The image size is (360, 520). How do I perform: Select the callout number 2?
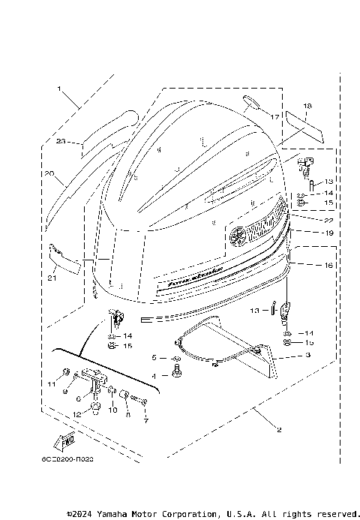point(279,430)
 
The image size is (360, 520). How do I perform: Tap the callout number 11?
point(52,384)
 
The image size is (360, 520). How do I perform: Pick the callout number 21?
point(51,279)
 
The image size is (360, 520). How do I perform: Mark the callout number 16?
point(308,266)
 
